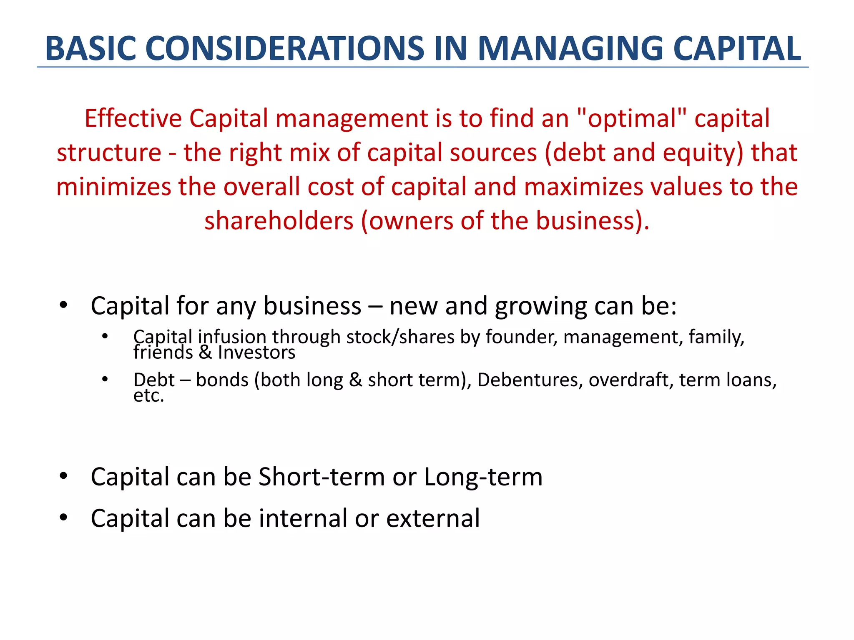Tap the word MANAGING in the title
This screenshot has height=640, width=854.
pos(570,49)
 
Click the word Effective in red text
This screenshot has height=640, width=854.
pos(133,119)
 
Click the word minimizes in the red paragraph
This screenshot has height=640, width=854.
pos(113,187)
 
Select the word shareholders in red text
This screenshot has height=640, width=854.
pos(279,221)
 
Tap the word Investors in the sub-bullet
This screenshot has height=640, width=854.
pos(256,353)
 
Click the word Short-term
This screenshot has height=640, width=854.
pos(321,477)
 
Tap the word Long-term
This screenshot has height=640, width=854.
pos(483,477)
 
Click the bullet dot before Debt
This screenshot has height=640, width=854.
pos(105,379)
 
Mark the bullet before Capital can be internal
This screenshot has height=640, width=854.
pos(63,517)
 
